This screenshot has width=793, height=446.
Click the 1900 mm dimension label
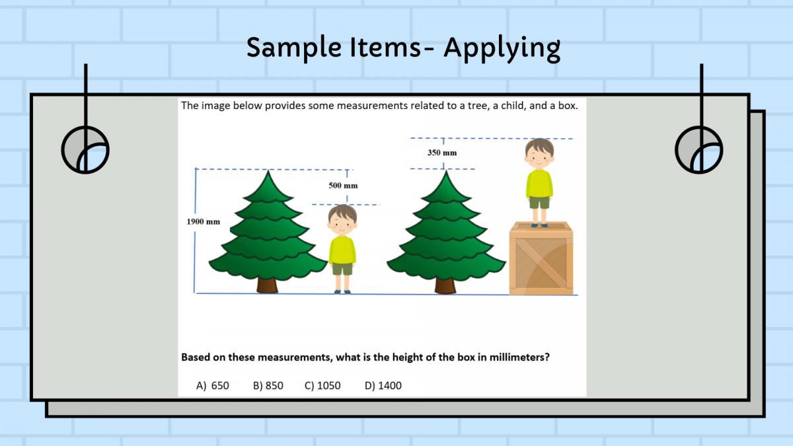(204, 221)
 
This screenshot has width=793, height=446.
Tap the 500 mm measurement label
(343, 186)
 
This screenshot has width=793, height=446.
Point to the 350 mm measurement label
(442, 153)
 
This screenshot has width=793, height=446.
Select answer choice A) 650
(212, 385)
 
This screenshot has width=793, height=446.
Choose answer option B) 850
(268, 385)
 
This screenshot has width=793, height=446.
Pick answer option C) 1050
(322, 385)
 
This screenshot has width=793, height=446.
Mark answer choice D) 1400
(383, 385)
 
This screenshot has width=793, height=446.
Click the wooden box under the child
(541, 258)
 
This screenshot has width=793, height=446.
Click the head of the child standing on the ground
(342, 221)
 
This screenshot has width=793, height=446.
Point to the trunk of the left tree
(267, 285)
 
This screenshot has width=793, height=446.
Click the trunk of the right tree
(445, 286)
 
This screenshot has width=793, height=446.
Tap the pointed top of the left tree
(268, 170)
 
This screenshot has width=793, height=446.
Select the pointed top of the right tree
(446, 171)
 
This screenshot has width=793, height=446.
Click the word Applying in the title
(502, 48)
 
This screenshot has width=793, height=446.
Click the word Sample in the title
(293, 48)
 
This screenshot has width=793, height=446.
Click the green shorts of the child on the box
(539, 202)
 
